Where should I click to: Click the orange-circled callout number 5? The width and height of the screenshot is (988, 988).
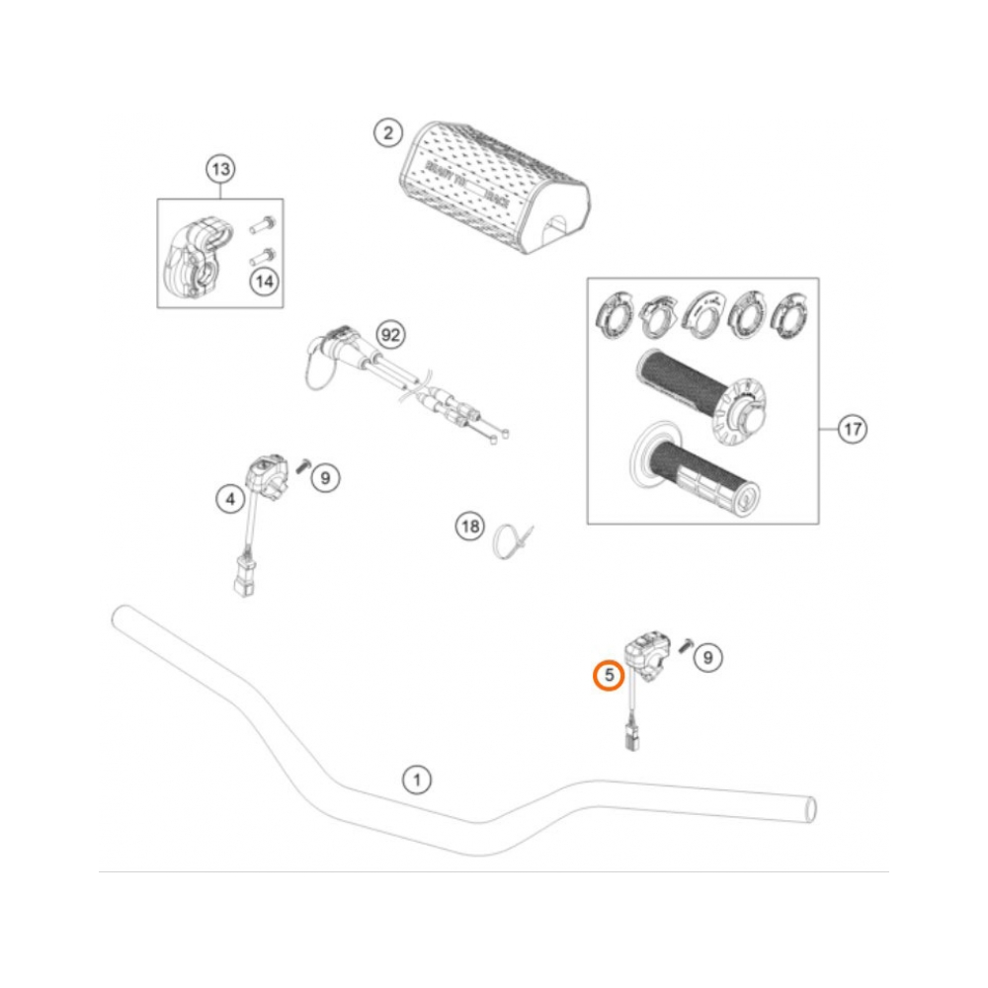coord(609,676)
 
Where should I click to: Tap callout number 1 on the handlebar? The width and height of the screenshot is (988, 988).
coord(417,781)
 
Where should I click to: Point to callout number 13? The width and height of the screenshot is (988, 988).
coord(219,170)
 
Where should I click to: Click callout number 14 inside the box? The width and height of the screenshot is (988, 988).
coord(263,282)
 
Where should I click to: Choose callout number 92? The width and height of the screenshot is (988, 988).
coord(391,336)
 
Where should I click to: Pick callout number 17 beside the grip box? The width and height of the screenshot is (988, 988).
coord(852,430)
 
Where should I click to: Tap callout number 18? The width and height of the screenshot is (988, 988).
coord(470,527)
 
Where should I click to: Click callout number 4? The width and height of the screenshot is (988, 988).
coord(230,500)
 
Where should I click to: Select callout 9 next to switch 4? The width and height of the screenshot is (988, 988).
coord(325,478)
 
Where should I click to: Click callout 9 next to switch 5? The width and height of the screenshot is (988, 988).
coord(707,655)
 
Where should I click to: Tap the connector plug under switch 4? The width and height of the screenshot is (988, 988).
coord(243,579)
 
